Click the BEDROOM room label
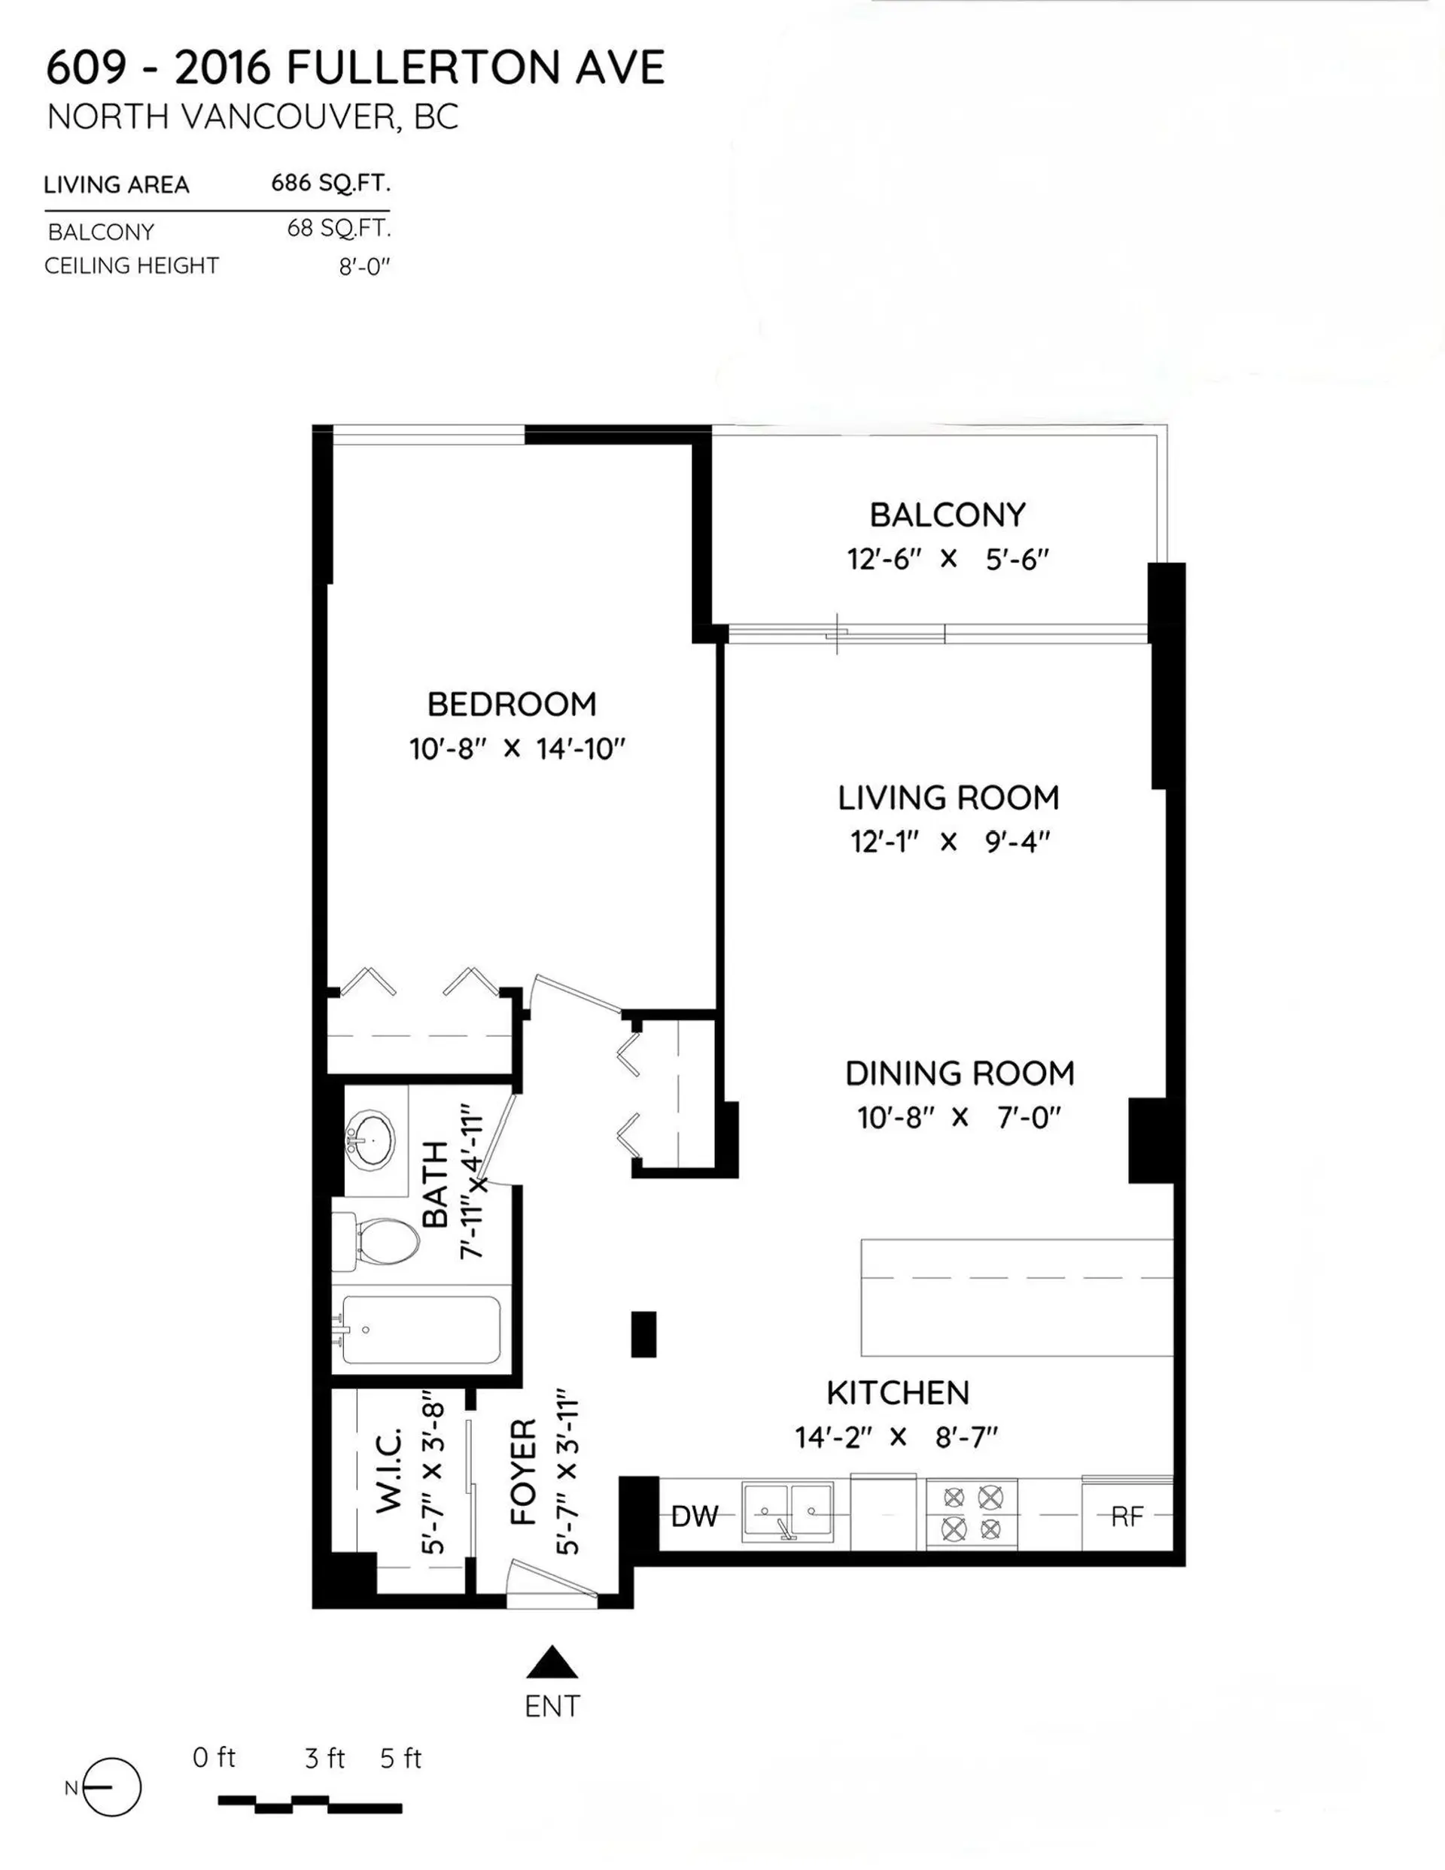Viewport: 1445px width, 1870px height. coord(511,705)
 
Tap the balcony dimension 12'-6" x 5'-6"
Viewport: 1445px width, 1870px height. coord(948,560)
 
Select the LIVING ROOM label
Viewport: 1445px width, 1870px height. coord(948,798)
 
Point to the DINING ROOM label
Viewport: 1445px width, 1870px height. coord(960,1073)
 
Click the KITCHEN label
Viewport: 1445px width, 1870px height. coord(898,1393)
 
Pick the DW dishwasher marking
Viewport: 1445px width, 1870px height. coord(695,1516)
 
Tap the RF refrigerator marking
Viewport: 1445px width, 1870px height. coord(1127,1516)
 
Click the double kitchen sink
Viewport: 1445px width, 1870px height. coord(787,1513)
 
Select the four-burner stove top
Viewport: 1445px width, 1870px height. coord(972,1513)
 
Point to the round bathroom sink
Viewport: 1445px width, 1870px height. coord(373,1140)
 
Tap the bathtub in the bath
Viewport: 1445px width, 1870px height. coord(420,1330)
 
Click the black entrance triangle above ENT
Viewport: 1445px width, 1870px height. coord(552,1663)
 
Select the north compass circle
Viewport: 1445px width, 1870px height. coord(112,1787)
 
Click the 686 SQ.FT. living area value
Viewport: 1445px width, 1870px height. coord(330,182)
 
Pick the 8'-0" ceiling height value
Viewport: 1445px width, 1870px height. coord(364,267)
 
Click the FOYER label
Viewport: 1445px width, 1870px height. coord(522,1472)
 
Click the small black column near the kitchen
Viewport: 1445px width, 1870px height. coord(643,1334)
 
